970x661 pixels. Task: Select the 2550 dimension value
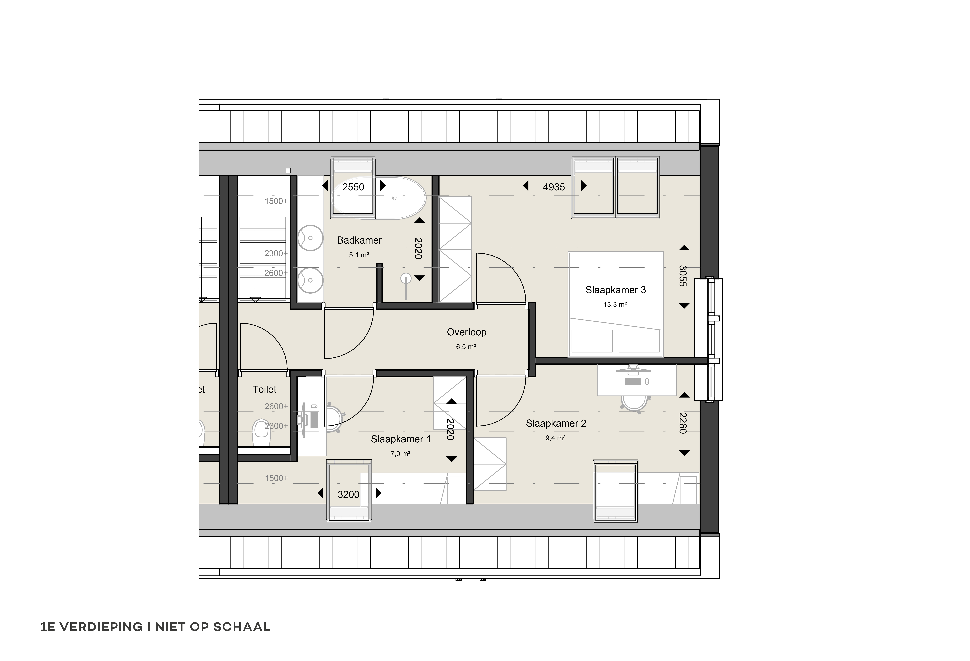coord(353,187)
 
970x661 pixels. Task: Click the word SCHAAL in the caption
coord(242,627)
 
